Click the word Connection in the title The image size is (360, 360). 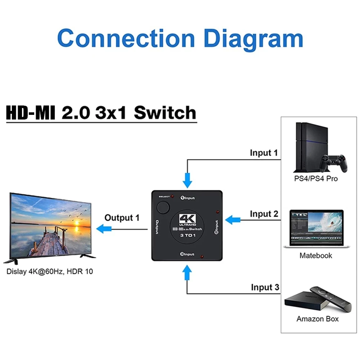point(126,38)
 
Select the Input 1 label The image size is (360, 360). point(264,153)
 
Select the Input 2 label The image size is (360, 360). point(264,214)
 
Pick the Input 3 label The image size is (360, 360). point(265,287)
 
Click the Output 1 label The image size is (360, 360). point(122,217)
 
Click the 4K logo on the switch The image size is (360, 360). point(187,219)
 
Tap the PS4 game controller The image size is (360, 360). point(335,163)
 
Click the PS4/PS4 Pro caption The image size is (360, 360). point(316,179)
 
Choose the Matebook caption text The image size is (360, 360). point(316,256)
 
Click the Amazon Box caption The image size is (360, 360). point(318,319)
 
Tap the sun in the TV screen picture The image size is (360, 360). point(77,223)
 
